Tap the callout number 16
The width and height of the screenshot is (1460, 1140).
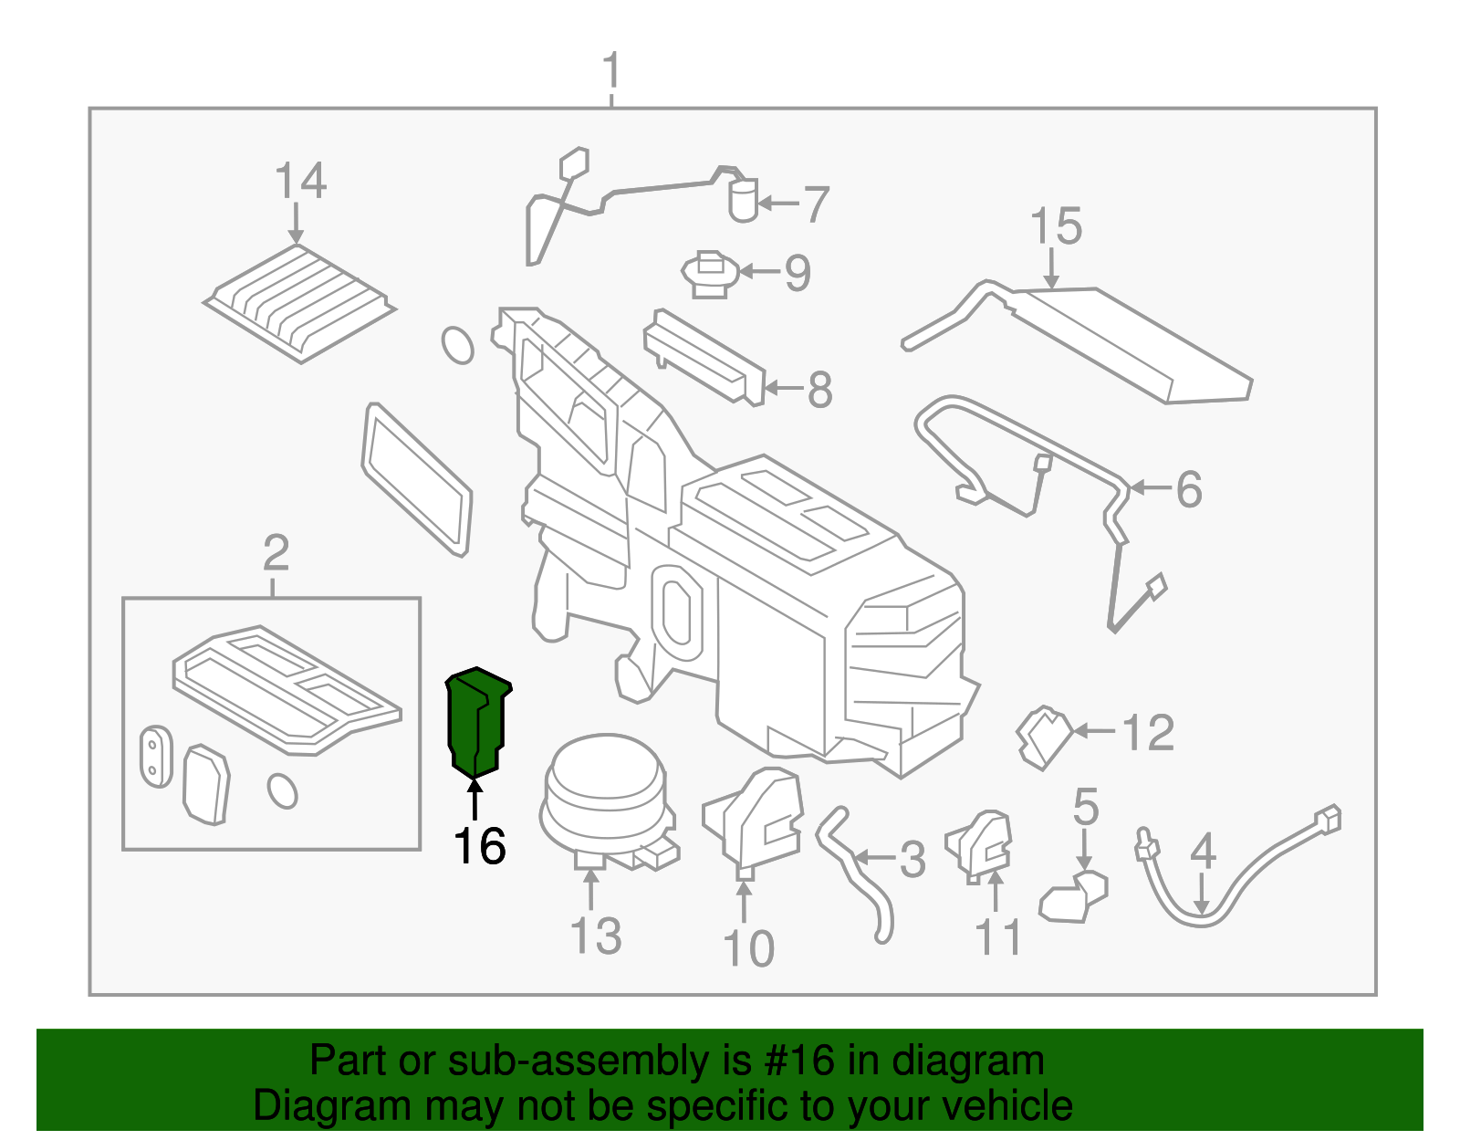tap(479, 847)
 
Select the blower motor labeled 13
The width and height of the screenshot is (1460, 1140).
tap(604, 799)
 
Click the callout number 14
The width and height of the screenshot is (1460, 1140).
tap(300, 181)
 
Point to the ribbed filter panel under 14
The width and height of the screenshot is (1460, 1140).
tap(299, 301)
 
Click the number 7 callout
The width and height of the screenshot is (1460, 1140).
tap(816, 204)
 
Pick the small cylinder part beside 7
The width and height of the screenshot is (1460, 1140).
tap(743, 200)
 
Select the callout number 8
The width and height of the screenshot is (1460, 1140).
tap(819, 390)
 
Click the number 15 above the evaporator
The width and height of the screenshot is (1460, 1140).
tap(1056, 226)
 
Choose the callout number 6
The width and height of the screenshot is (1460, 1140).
tap(1188, 489)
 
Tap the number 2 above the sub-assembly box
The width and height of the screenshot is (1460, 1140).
tap(276, 553)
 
